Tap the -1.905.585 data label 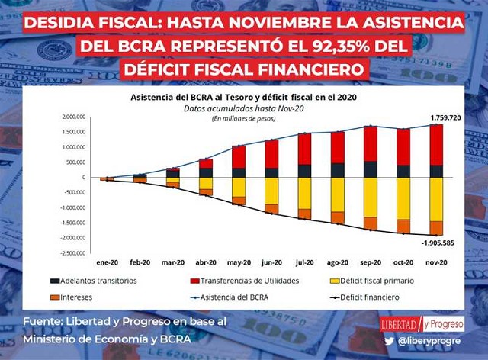click(439, 243)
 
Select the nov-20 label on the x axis click(436, 262)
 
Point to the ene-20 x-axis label click(107, 262)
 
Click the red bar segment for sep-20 click(370, 144)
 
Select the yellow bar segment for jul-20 click(304, 193)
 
